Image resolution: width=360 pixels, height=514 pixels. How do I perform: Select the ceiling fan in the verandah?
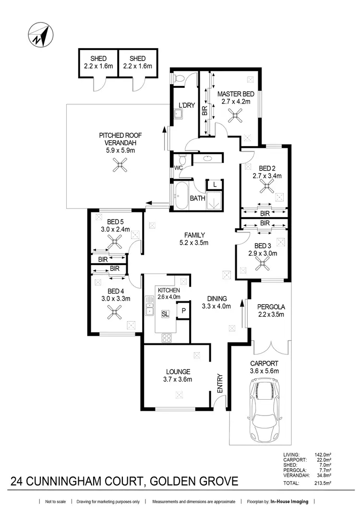(x=118, y=167)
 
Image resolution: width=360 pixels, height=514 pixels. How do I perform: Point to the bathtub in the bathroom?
(x=182, y=197)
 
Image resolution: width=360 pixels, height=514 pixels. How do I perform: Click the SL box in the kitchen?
(x=165, y=314)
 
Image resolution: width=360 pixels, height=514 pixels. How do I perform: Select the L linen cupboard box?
(x=215, y=184)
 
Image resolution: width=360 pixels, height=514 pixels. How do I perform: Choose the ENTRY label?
(x=220, y=384)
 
